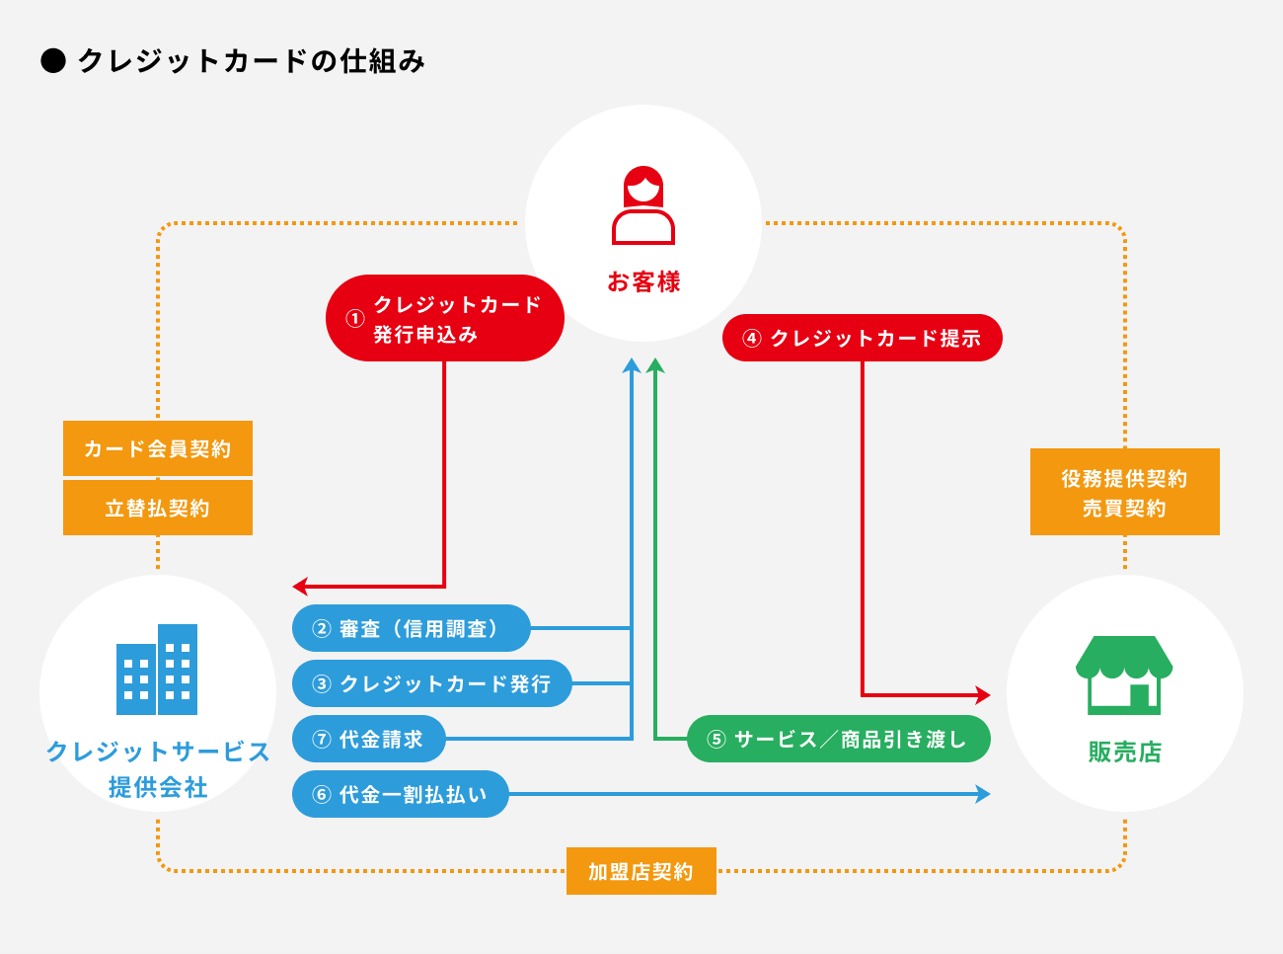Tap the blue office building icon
[x=157, y=670]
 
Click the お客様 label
[x=643, y=282]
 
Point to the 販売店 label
[x=1124, y=753]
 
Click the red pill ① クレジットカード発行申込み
[x=444, y=318]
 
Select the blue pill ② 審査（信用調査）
[x=411, y=628]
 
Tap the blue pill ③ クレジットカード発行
[x=431, y=683]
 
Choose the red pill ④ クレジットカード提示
[x=862, y=338]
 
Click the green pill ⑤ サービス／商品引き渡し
[x=838, y=739]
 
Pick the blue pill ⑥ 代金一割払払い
[x=400, y=794]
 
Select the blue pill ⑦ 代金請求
[x=368, y=739]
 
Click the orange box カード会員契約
[x=158, y=448]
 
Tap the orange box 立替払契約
[x=158, y=508]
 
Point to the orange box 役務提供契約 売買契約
[x=1124, y=492]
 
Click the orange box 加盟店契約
[x=641, y=871]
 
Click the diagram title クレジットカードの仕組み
[x=251, y=61]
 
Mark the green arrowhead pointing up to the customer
[x=655, y=365]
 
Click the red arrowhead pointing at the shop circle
[x=982, y=695]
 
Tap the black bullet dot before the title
[x=53, y=61]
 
